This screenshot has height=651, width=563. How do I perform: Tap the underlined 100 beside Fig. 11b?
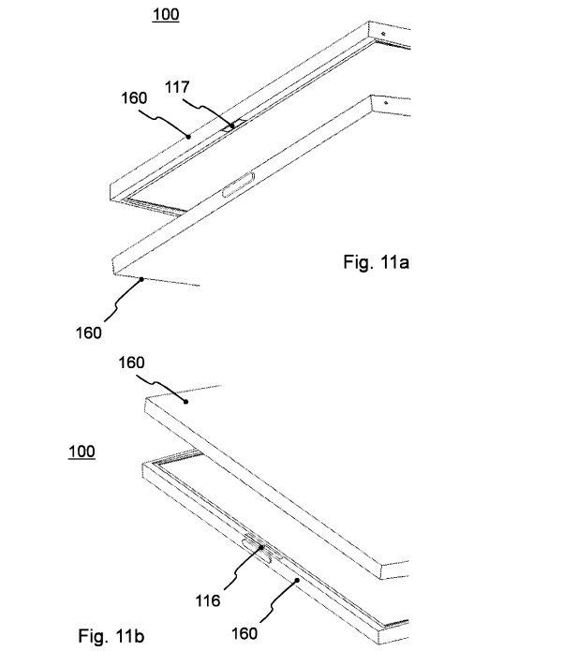(81, 451)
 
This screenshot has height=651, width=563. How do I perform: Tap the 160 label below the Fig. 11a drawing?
(88, 331)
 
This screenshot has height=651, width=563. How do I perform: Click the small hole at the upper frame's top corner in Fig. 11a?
(385, 37)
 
